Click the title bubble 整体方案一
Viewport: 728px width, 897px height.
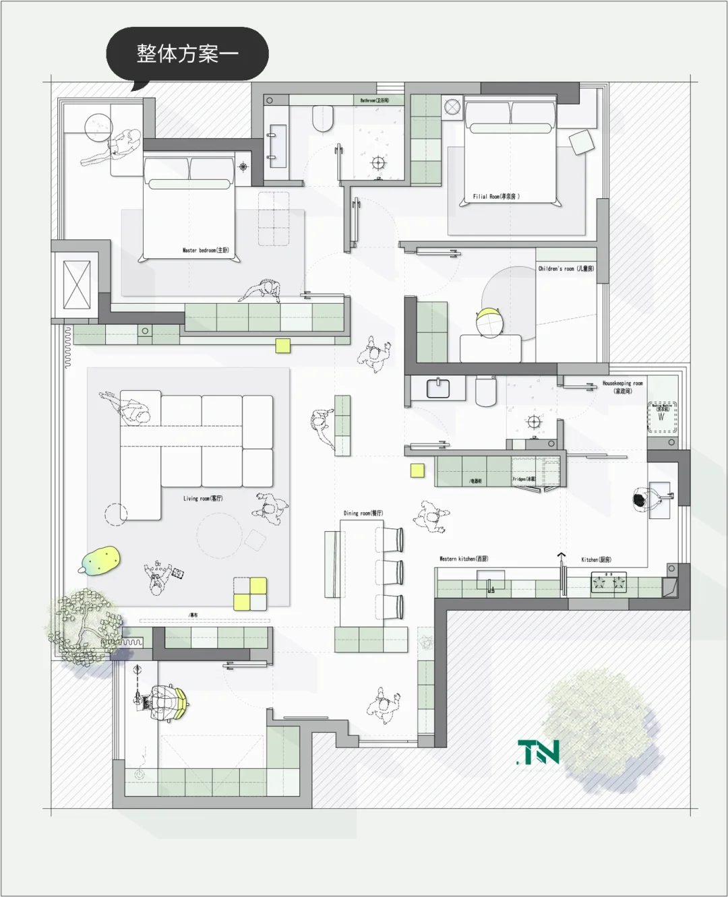point(187,53)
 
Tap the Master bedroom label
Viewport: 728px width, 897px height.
point(206,250)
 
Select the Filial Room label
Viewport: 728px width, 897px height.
point(496,197)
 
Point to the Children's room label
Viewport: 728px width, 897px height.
point(566,269)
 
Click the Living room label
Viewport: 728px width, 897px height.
point(203,499)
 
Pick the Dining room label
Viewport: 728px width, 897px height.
point(363,513)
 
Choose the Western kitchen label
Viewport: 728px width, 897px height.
point(464,559)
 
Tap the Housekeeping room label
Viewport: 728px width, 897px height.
point(623,387)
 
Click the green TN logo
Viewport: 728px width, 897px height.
point(538,752)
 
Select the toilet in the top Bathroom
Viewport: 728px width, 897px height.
point(324,119)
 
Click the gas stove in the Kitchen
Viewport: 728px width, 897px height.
point(609,582)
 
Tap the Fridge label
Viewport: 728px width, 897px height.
point(524,479)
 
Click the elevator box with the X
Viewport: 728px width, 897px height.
point(76,284)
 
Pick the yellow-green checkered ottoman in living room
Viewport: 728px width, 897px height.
point(250,594)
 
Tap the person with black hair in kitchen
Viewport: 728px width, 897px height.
point(640,500)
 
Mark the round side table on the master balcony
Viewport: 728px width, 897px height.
point(98,126)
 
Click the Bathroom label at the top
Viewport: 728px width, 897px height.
point(374,100)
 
